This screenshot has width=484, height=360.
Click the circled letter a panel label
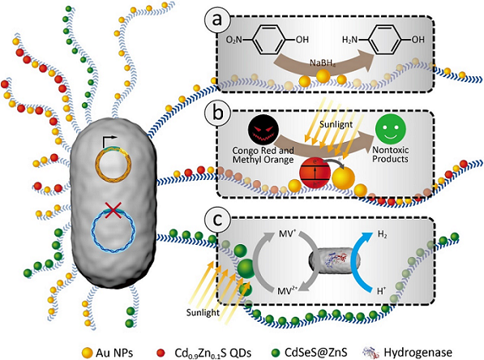tap(217, 20)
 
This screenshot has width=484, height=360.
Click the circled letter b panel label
tap(217, 113)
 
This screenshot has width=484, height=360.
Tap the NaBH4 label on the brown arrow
tap(323, 63)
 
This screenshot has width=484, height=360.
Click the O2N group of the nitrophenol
tap(234, 40)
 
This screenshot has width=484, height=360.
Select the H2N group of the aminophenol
tap(349, 40)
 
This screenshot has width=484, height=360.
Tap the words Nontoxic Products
tap(391, 154)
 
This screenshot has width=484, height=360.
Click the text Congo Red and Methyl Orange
tap(263, 155)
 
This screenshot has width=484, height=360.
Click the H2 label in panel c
tap(382, 235)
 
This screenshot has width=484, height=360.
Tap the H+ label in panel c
tap(382, 290)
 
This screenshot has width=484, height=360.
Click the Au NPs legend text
tap(114, 352)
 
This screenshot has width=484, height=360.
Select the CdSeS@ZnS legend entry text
tap(315, 352)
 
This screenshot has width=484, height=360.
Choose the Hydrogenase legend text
tap(418, 352)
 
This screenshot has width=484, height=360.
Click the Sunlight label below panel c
tap(203, 312)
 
